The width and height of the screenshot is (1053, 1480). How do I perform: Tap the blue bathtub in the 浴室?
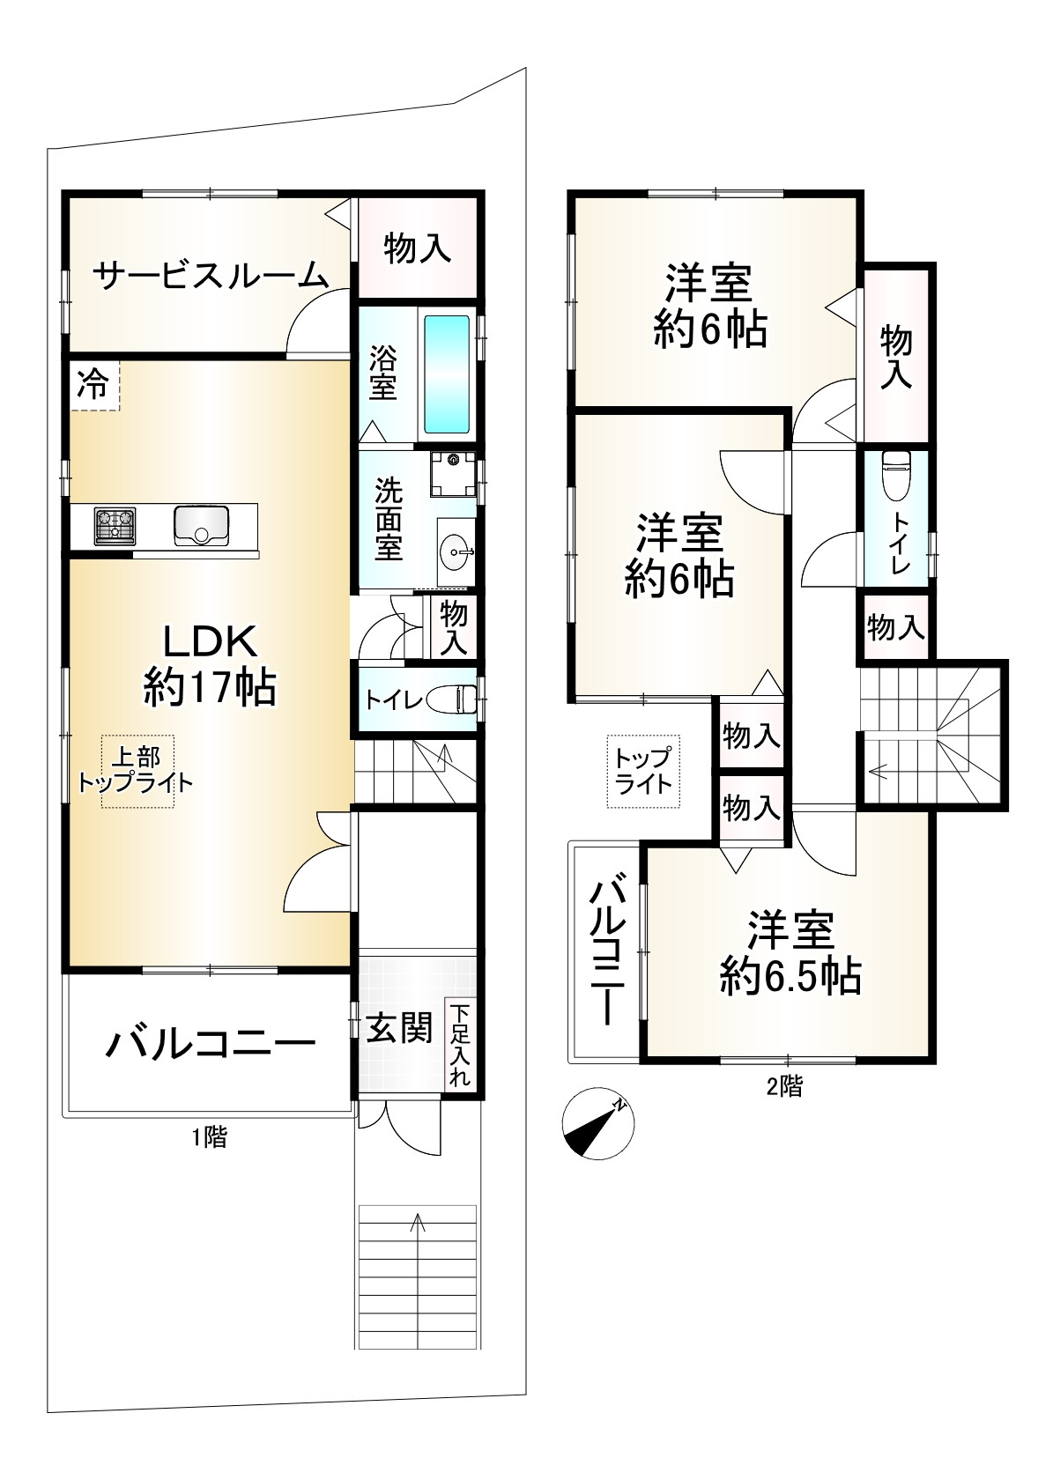(x=447, y=374)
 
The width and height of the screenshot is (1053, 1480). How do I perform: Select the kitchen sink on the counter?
(x=202, y=525)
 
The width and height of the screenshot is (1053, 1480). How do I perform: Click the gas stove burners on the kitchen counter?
(x=115, y=526)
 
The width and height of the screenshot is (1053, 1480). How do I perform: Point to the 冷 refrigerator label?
(x=93, y=384)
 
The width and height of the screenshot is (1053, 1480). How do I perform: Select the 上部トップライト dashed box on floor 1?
(x=137, y=771)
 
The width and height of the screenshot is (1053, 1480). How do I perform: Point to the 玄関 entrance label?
(x=399, y=1028)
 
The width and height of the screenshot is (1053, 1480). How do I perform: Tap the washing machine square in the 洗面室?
(x=453, y=474)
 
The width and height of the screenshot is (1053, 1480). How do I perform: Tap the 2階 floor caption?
(x=784, y=1086)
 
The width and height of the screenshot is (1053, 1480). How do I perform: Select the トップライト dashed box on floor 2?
(x=643, y=771)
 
